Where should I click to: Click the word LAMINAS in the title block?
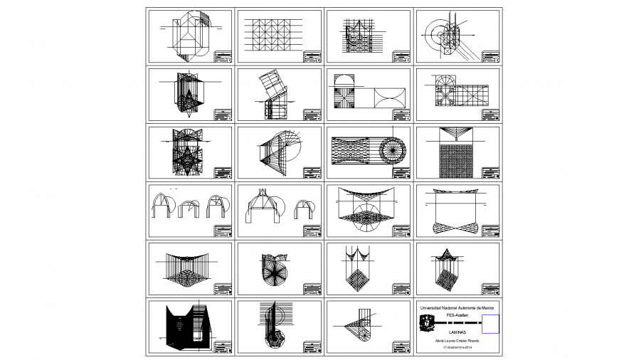[x=457, y=332]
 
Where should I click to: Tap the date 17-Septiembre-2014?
[x=457, y=347]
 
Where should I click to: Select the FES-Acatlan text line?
[x=457, y=312]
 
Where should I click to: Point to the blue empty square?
[x=490, y=324]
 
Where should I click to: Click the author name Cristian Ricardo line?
[x=457, y=341]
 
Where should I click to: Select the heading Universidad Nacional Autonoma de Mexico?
[x=457, y=307]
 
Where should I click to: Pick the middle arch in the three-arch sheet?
[x=188, y=208]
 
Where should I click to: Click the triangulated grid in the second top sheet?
[x=273, y=36]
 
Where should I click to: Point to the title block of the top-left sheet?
[x=223, y=56]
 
